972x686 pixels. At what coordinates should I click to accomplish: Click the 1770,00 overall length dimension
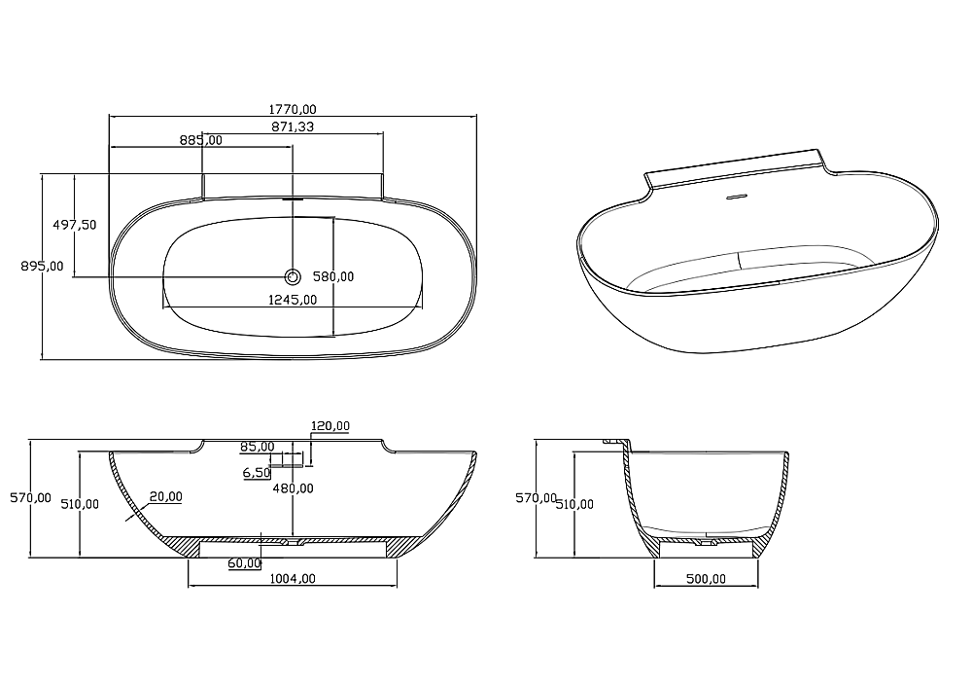(x=293, y=109)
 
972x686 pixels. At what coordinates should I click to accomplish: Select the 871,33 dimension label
(x=293, y=126)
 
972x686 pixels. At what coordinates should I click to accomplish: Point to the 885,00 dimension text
(x=201, y=140)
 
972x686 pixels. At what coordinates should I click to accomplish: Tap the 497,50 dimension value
(x=75, y=225)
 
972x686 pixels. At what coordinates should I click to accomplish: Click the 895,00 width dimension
(x=42, y=267)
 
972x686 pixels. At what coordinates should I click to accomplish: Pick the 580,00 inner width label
(x=332, y=277)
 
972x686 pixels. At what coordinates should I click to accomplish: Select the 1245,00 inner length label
(x=293, y=301)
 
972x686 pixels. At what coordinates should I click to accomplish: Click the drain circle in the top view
(x=293, y=276)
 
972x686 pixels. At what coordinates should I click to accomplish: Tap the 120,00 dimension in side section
(x=330, y=426)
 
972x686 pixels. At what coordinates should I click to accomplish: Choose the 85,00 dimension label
(x=258, y=447)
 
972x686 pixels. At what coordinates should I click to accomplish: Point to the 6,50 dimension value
(x=257, y=473)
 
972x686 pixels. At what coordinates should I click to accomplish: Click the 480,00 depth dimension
(x=294, y=488)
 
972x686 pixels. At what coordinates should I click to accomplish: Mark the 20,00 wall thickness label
(x=165, y=496)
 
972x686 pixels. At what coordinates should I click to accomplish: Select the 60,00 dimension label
(x=244, y=563)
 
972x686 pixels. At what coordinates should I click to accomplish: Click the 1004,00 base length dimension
(x=293, y=579)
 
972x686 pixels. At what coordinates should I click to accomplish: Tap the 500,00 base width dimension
(x=706, y=579)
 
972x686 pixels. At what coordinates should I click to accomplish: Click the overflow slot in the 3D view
(x=737, y=198)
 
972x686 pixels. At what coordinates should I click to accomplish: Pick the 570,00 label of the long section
(x=30, y=498)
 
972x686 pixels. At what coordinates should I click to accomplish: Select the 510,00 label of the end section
(x=574, y=505)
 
